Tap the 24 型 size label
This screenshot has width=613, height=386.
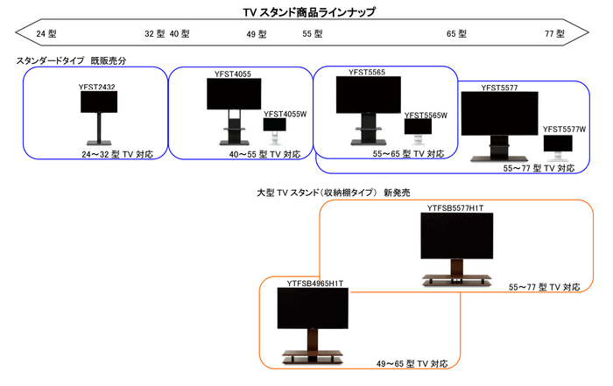(46, 34)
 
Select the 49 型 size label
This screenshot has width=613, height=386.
(257, 34)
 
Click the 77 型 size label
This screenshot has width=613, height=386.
(554, 34)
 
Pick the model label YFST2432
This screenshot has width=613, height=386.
(96, 87)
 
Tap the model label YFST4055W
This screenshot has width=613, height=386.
(284, 114)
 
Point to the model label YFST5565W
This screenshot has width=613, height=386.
(426, 116)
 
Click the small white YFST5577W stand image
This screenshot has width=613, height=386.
(557, 149)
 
